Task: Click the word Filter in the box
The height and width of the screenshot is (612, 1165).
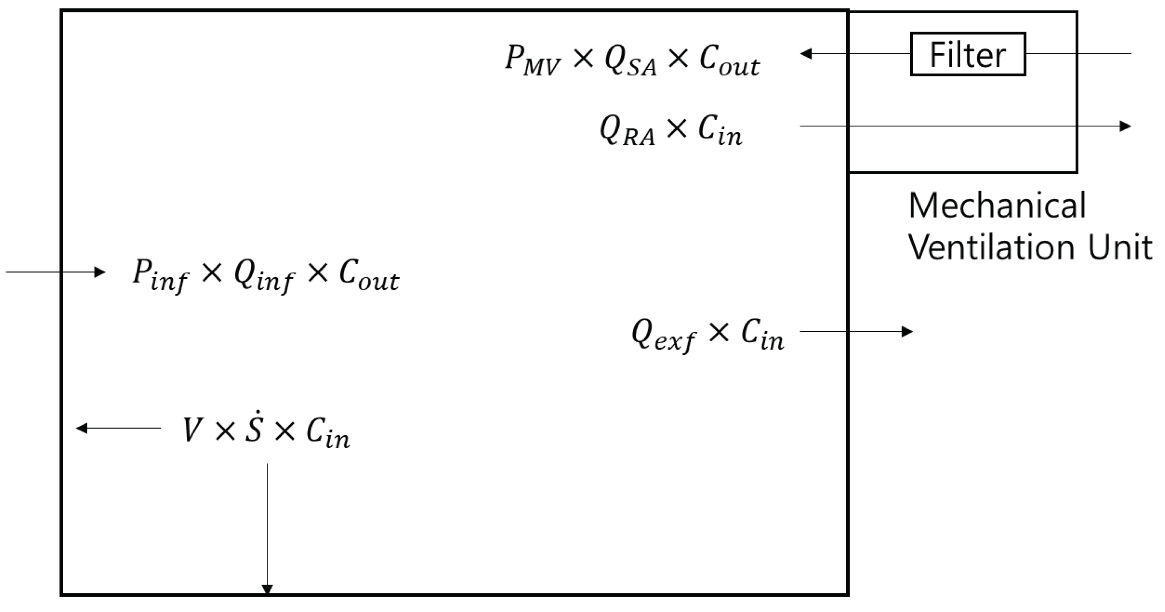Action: [967, 55]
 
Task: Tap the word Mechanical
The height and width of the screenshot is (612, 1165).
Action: [997, 206]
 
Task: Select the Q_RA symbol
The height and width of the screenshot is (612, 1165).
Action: [627, 131]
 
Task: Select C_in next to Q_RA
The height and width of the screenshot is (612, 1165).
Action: [720, 131]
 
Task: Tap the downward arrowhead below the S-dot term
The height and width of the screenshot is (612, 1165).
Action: [267, 589]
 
